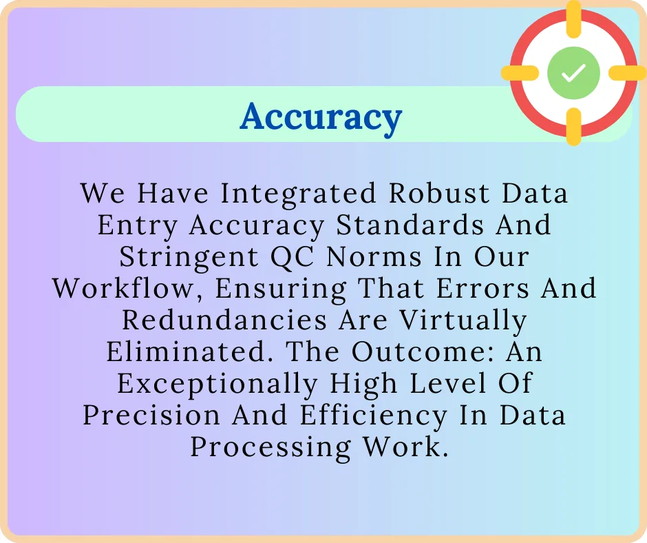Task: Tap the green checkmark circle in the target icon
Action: click(x=573, y=72)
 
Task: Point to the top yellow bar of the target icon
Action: click(x=573, y=16)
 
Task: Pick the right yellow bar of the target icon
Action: click(x=628, y=72)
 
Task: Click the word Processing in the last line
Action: click(x=271, y=447)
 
